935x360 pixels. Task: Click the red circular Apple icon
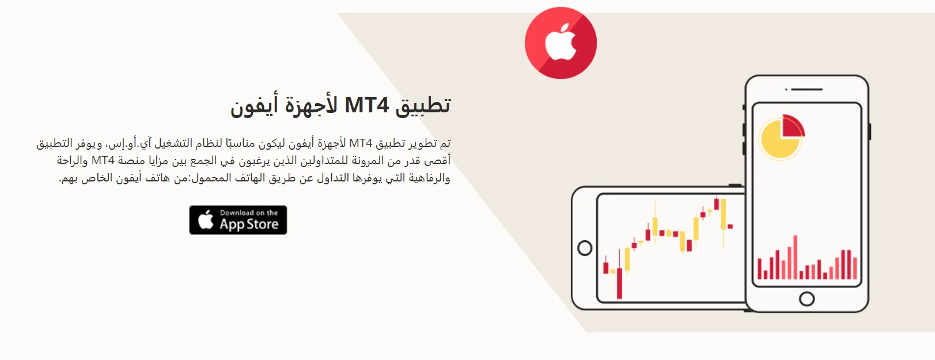click(561, 43)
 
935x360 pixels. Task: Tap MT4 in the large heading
click(366, 105)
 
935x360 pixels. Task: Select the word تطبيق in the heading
click(422, 105)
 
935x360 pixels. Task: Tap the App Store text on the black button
click(249, 224)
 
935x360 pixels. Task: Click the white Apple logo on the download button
click(206, 220)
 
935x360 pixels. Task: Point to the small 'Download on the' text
click(249, 213)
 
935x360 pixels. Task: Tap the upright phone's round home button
click(807, 299)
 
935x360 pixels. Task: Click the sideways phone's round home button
click(585, 248)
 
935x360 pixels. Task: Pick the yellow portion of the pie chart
click(778, 141)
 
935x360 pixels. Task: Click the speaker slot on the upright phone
click(807, 89)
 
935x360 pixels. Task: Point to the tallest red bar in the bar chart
click(796, 257)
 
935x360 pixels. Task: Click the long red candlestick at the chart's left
click(619, 283)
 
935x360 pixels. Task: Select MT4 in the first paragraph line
click(361, 143)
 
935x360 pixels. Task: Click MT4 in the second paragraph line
click(103, 160)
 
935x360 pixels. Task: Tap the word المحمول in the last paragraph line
click(211, 178)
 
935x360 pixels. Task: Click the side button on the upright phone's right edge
click(869, 131)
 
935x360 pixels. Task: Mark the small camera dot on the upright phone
click(786, 89)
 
